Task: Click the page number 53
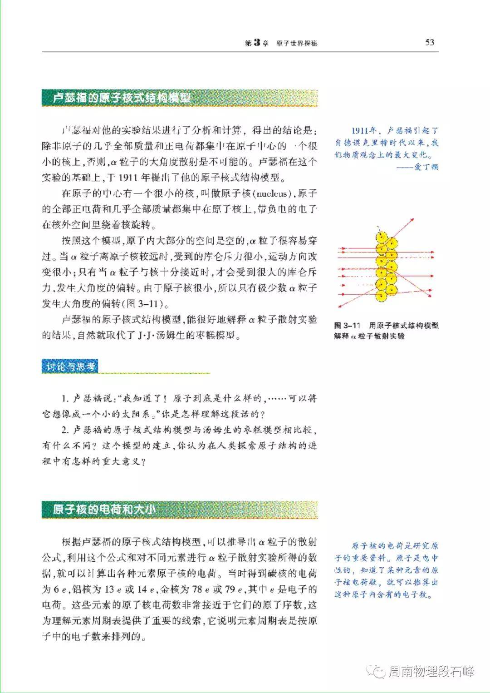tap(430, 42)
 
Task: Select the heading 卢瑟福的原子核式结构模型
tap(122, 98)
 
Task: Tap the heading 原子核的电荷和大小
tap(104, 510)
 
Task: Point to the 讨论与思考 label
tap(69, 366)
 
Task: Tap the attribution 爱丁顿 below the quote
tap(426, 167)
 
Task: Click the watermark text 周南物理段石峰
tap(431, 671)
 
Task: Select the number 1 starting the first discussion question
tap(64, 399)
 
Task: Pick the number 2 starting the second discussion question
tap(64, 430)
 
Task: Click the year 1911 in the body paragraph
tap(129, 178)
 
